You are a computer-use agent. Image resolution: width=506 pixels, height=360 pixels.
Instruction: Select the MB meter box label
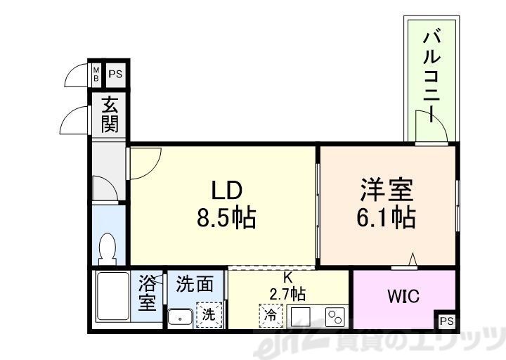coord(97,72)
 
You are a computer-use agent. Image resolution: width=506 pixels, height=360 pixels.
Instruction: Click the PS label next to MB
coord(115,72)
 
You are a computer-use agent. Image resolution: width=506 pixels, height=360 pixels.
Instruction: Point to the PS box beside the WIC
coord(446,321)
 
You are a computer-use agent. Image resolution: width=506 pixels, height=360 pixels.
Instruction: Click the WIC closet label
coord(403,296)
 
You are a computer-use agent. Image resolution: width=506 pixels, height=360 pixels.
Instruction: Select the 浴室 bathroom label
coord(147,294)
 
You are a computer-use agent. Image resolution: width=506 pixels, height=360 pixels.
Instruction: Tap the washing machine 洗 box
coord(209,314)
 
